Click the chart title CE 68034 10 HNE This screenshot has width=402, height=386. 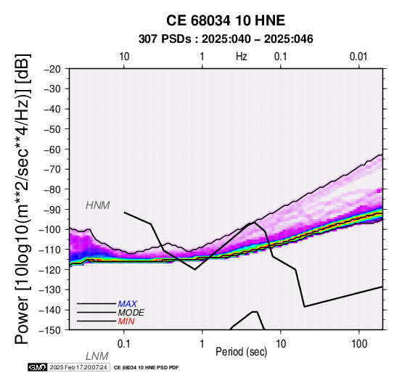pos(226,20)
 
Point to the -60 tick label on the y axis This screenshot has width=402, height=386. pos(52,149)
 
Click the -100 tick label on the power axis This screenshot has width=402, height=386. pos(49,229)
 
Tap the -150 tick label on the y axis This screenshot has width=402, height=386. pos(49,330)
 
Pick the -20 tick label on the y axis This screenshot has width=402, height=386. pos(52,69)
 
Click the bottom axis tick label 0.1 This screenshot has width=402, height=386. pos(124,344)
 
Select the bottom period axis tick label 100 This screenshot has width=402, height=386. pos(359,344)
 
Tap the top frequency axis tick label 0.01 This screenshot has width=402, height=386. pos(358,57)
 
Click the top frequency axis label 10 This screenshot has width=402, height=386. pos(124,57)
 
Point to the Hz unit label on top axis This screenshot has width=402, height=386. pos(242,57)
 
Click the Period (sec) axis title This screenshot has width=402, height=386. pos(241,352)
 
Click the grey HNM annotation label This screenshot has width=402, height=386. pos(98,205)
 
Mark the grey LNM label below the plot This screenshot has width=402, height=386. pos(97,356)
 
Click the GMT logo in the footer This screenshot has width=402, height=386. pos(38,367)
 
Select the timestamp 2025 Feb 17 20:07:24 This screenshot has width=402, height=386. pos(78,367)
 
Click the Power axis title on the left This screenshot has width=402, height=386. pos(22,199)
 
